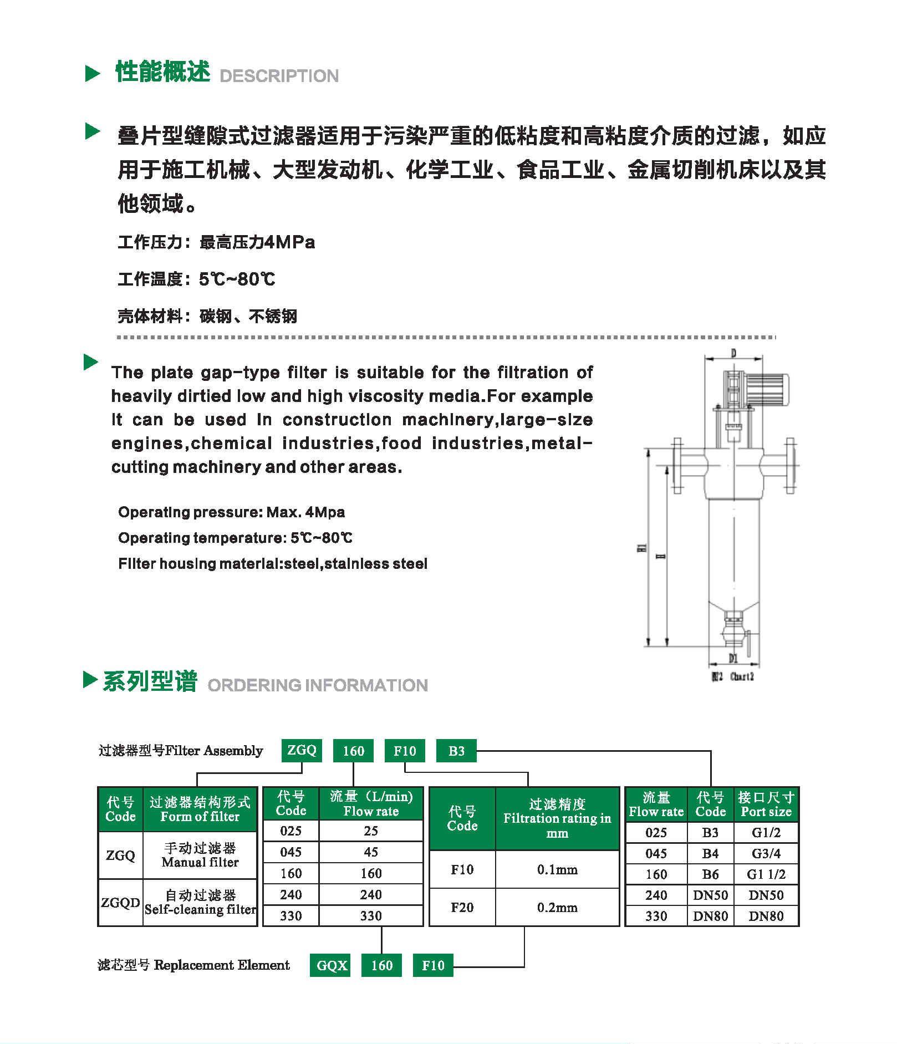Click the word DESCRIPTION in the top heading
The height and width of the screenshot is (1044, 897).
pos(279,76)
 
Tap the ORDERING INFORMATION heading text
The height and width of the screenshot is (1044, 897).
pos(317,685)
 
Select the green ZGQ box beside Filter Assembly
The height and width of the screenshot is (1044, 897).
pos(302,750)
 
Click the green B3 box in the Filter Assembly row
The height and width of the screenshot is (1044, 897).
pos(456,751)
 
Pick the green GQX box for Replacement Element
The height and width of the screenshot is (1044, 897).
pos(332,965)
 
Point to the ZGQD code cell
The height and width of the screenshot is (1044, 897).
pos(120,902)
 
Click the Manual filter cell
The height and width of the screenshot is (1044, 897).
pos(200,855)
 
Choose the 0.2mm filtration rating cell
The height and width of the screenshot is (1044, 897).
pos(557,908)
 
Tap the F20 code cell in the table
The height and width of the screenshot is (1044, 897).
pos(462,908)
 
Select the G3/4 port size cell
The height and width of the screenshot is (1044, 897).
pos(766,853)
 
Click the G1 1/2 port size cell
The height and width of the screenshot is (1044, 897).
pos(766,874)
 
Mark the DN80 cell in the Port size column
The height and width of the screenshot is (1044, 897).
pos(766,916)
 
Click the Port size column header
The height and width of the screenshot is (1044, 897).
pos(766,805)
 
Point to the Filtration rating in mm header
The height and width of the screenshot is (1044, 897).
pos(557,818)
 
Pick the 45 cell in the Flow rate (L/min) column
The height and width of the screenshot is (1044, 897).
pos(371,852)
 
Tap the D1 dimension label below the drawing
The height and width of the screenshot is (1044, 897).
pos(733,658)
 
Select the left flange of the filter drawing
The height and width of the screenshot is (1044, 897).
pos(677,466)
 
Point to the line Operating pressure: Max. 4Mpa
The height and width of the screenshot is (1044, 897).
pos(231,512)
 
